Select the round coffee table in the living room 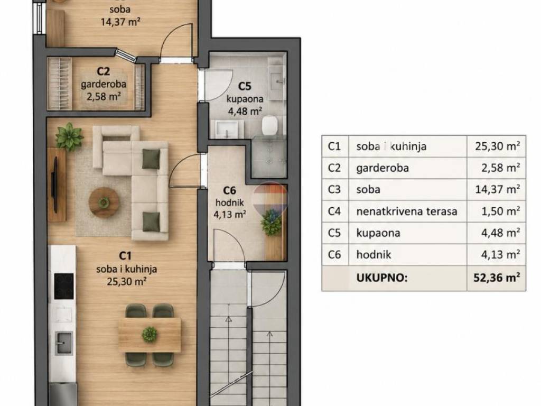point(104,202)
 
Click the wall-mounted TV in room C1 point(54,184)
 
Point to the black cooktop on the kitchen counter point(64,286)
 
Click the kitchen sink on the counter point(64,343)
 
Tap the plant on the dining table point(150,334)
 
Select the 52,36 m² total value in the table point(497,278)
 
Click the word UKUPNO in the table point(382,278)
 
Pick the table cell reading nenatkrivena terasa point(407,211)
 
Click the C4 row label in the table point(334,211)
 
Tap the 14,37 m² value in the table point(498,189)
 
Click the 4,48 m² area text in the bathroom point(245,111)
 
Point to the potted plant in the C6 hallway point(272,223)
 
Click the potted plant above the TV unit point(69,136)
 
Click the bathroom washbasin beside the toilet point(226,129)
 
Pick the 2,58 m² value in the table point(501,168)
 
